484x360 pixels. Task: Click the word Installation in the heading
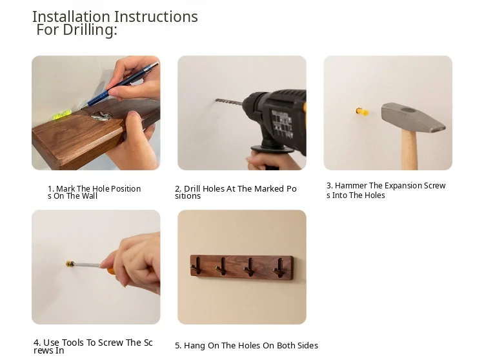pyautogui.click(x=71, y=17)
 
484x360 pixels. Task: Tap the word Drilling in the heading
pyautogui.click(x=90, y=30)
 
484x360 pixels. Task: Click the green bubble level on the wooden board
pyautogui.click(x=62, y=115)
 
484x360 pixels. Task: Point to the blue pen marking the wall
pyautogui.click(x=123, y=84)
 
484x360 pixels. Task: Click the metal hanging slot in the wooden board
pyautogui.click(x=101, y=115)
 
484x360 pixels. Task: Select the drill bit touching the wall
pyautogui.click(x=230, y=101)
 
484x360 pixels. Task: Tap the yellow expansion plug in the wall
pyautogui.click(x=362, y=112)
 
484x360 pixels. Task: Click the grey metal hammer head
pyautogui.click(x=413, y=117)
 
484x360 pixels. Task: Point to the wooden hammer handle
pyautogui.click(x=410, y=149)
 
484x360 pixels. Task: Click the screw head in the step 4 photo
pyautogui.click(x=70, y=264)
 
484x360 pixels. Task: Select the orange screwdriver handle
pyautogui.click(x=112, y=270)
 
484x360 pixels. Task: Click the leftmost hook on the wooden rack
pyautogui.click(x=197, y=266)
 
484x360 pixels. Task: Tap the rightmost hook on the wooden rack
pyautogui.click(x=279, y=267)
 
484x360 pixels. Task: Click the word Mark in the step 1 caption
pyautogui.click(x=65, y=189)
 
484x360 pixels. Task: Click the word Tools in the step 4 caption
pyautogui.click(x=73, y=343)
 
